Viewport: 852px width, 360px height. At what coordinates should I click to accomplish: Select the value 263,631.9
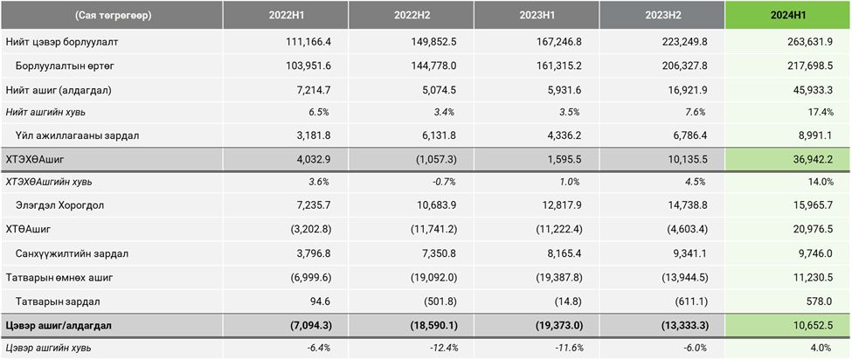tap(813, 43)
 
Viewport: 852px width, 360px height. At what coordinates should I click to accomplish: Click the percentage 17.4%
tap(824, 112)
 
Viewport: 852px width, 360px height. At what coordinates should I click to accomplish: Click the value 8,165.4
tap(566, 254)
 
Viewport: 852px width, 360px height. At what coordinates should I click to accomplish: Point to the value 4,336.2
tap(566, 135)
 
